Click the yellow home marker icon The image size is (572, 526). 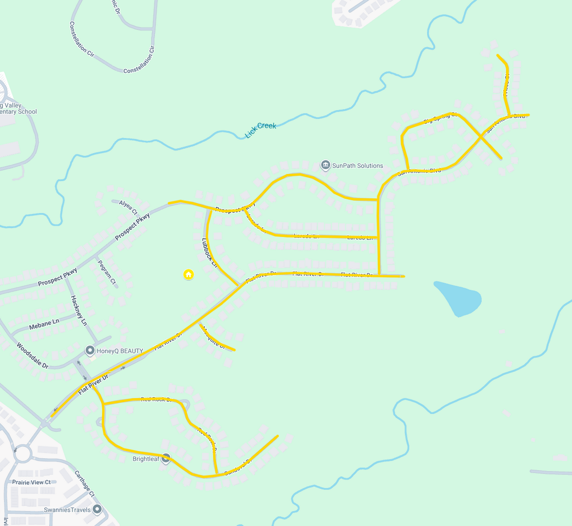[188, 274]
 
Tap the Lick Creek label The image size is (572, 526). [261, 130]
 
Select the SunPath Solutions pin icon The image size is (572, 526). [325, 165]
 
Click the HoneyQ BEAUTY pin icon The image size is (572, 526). [90, 351]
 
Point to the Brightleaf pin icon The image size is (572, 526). [166, 459]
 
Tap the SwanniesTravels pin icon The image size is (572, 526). [97, 509]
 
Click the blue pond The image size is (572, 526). [458, 298]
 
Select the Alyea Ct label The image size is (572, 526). [128, 207]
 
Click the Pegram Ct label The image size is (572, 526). [107, 273]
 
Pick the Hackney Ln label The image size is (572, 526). [78, 310]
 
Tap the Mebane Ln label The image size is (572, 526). [44, 324]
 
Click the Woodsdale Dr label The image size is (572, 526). [32, 355]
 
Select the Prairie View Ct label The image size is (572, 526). [31, 482]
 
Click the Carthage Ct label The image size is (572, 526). [84, 483]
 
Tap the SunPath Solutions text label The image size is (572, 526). [357, 166]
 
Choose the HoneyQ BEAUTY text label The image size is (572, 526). [119, 351]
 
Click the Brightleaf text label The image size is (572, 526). [146, 459]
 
